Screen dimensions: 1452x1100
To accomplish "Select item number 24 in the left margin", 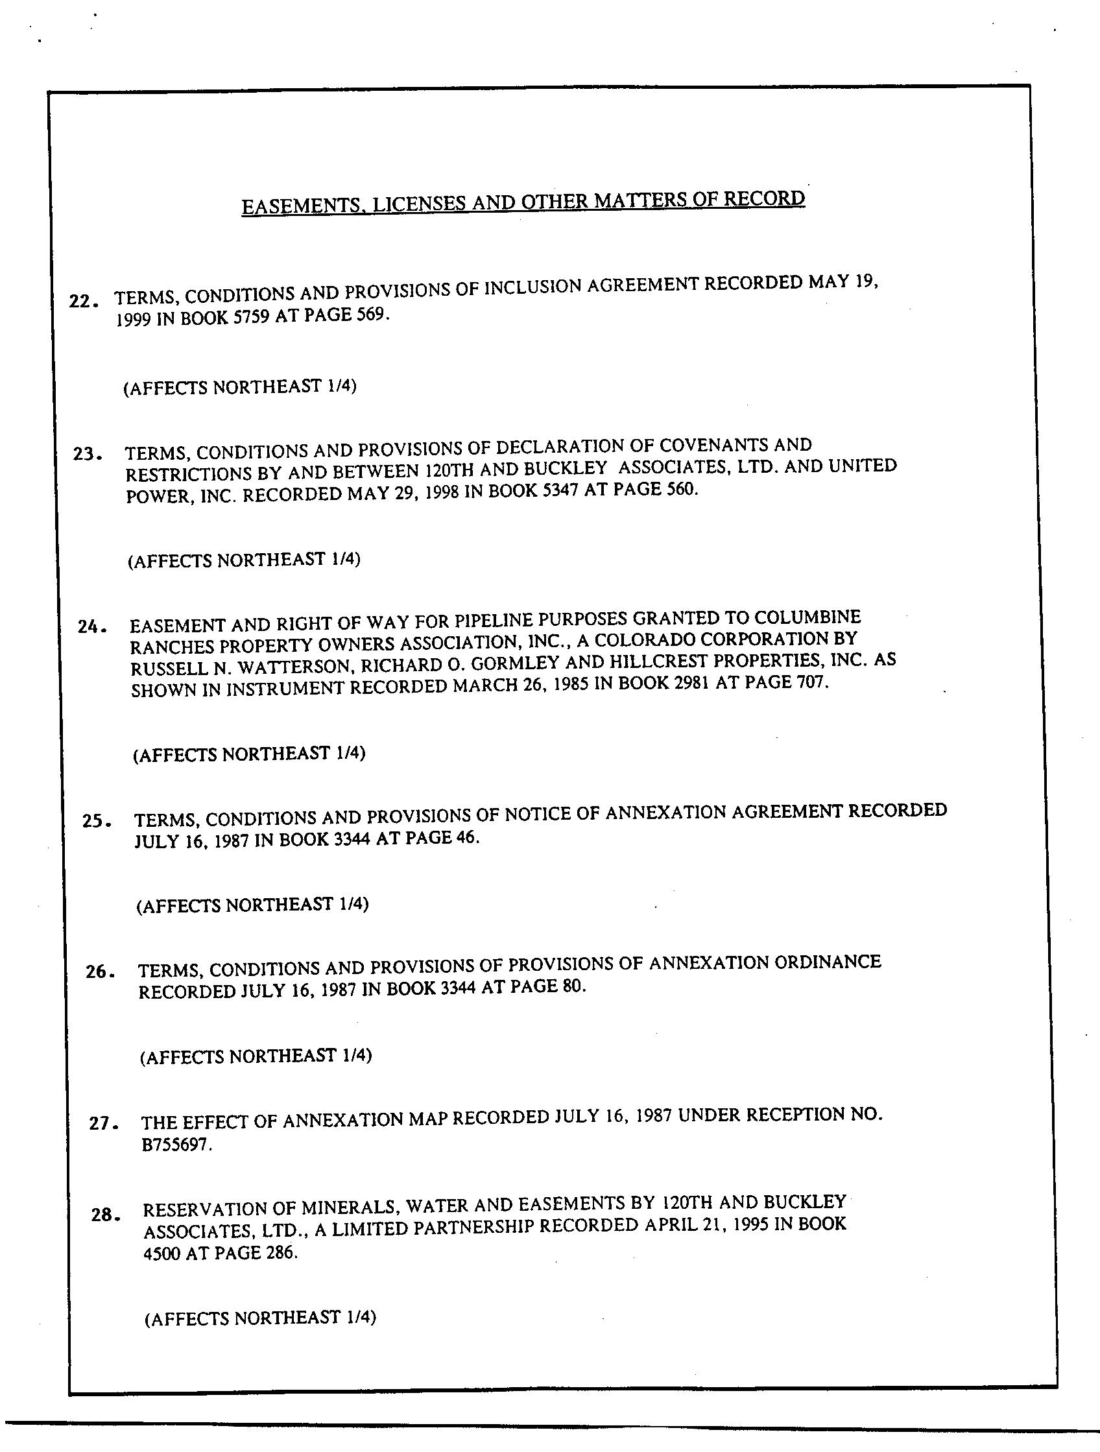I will pos(91,626).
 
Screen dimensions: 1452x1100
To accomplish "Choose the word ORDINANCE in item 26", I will pos(828,963).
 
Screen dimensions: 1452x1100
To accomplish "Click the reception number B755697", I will pos(176,1146).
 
